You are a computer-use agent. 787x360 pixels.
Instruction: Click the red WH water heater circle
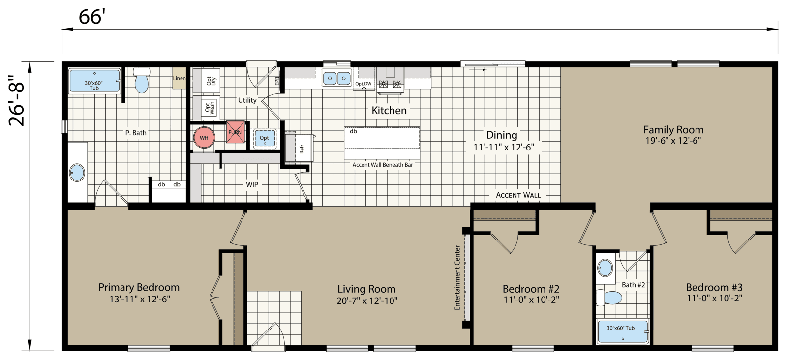pyautogui.click(x=204, y=137)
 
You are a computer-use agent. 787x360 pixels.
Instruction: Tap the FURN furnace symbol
pyautogui.click(x=235, y=133)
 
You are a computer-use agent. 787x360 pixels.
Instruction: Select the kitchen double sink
pyautogui.click(x=336, y=78)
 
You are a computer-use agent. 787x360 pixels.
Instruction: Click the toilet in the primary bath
pyautogui.click(x=142, y=81)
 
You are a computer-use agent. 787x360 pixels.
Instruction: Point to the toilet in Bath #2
pyautogui.click(x=610, y=298)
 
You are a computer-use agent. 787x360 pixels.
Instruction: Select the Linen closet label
pyautogui.click(x=179, y=79)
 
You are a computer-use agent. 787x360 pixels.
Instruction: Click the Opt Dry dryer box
pyautogui.click(x=207, y=81)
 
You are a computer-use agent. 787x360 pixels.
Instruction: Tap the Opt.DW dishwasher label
pyautogui.click(x=363, y=84)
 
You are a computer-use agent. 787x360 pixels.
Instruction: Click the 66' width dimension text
pyautogui.click(x=92, y=18)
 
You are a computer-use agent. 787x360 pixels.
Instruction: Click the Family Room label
pyautogui.click(x=673, y=130)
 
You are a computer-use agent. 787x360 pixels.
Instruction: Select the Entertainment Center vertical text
pyautogui.click(x=457, y=277)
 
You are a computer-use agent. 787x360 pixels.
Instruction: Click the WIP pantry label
pyautogui.click(x=252, y=185)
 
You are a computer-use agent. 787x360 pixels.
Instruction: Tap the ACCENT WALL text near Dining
pyautogui.click(x=518, y=195)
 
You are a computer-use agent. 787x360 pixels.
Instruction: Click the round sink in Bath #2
pyautogui.click(x=605, y=269)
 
